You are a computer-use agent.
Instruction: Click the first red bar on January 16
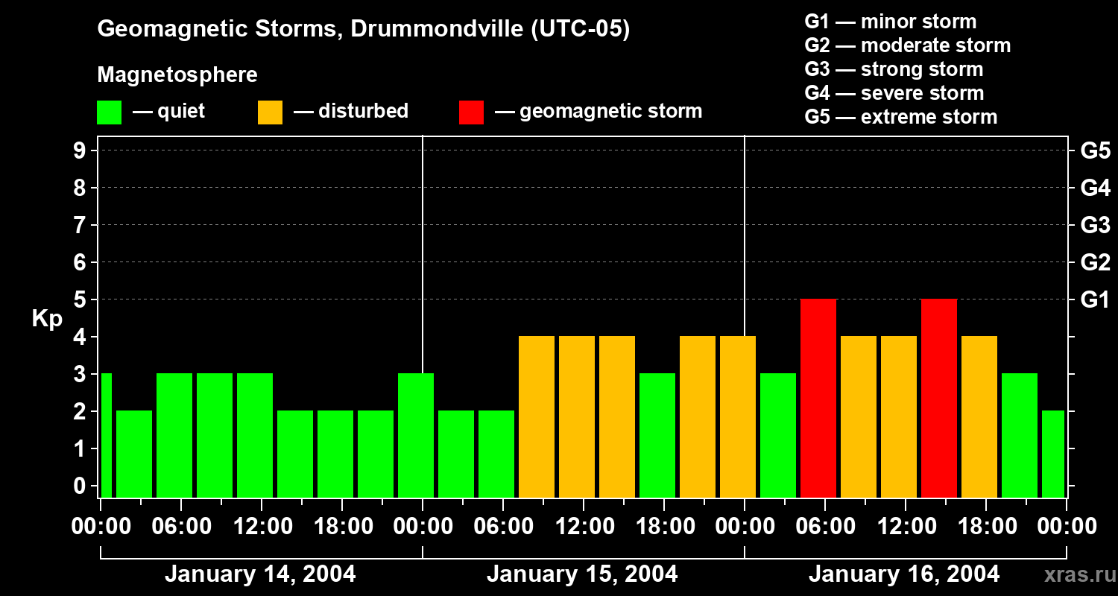pos(818,398)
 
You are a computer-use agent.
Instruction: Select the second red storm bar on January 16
pos(938,398)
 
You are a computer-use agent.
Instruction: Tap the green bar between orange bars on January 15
pos(657,435)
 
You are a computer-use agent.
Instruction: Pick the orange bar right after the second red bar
pos(979,416)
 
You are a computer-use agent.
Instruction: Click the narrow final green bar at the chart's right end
pos(1052,454)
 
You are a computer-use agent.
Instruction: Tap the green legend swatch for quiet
pos(109,112)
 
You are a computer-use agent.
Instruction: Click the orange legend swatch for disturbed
pos(270,112)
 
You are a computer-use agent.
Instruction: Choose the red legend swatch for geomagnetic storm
pos(471,112)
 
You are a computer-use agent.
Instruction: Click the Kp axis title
pos(47,319)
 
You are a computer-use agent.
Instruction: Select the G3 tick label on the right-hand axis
pos(1095,225)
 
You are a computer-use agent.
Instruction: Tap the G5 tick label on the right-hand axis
pos(1095,150)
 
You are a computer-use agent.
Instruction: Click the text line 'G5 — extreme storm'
pos(900,117)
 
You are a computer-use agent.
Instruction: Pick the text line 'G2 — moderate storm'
pos(907,45)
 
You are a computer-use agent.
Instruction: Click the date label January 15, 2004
pos(582,574)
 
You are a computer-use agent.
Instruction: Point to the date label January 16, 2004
pos(904,574)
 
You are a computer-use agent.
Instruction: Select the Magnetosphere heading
pos(177,75)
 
